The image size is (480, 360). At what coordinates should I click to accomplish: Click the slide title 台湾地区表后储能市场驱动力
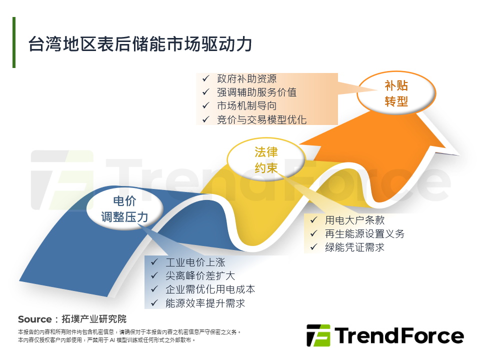coord(140,44)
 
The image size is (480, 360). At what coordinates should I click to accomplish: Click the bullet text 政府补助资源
coord(246,79)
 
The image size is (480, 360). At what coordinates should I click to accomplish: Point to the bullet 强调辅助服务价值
coord(256,92)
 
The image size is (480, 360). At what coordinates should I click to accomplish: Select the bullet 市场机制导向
coord(246,106)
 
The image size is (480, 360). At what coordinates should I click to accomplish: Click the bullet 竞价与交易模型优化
coord(261,119)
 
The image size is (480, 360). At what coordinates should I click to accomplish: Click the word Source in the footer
coord(34,319)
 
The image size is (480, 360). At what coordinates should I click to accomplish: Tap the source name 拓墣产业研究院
coord(93,319)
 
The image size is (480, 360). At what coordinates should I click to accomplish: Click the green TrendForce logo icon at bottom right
coord(318,335)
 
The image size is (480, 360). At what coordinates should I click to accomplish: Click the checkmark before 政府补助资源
coord(205,79)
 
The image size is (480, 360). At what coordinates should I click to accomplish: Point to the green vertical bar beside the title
coord(14,42)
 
